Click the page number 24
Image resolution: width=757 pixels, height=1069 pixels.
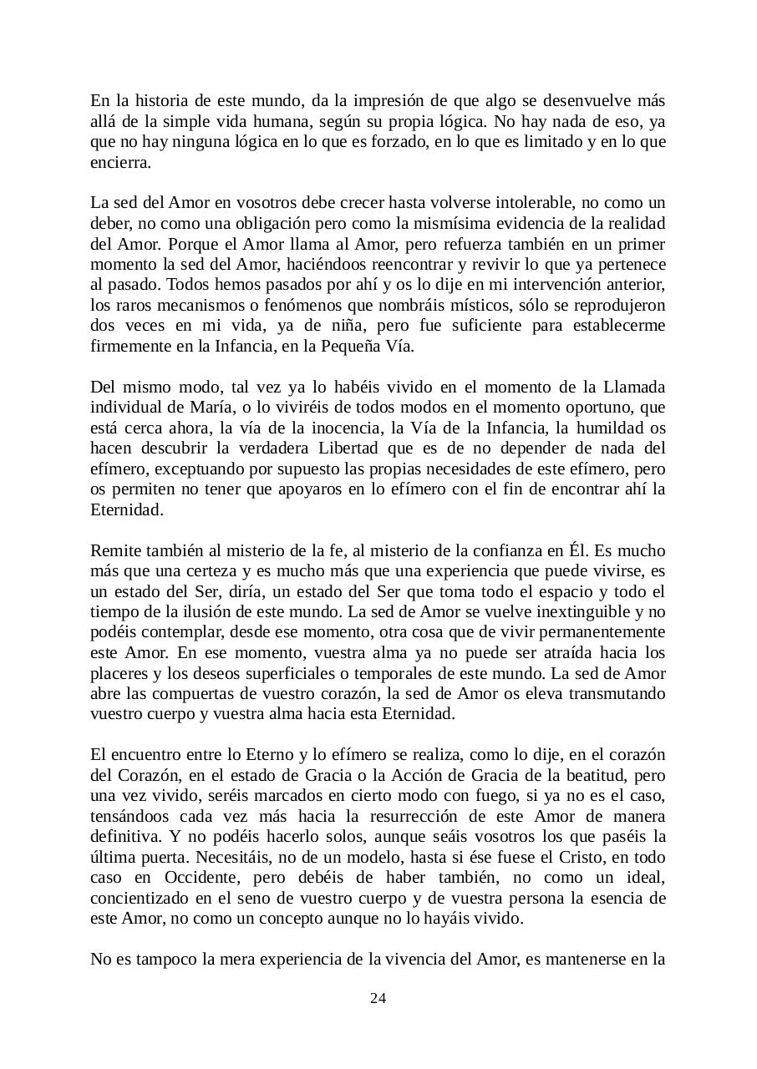(378, 999)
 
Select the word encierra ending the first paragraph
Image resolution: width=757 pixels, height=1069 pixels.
(120, 162)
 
